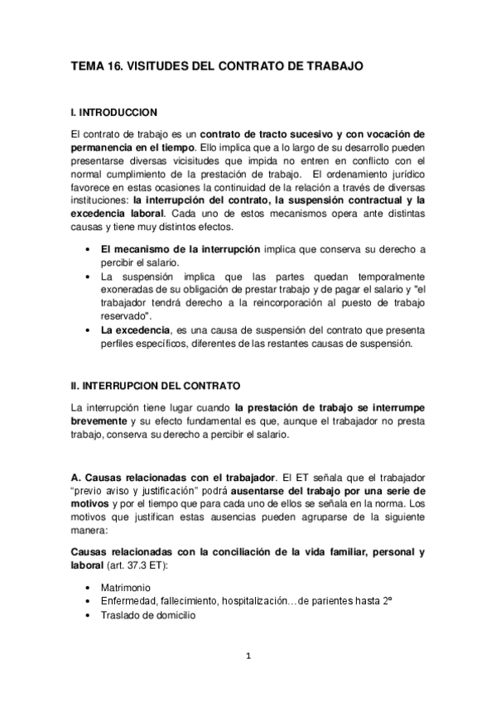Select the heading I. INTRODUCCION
(115, 111)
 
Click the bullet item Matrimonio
(125, 587)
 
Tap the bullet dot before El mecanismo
(88, 249)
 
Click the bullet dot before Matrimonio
(88, 587)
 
